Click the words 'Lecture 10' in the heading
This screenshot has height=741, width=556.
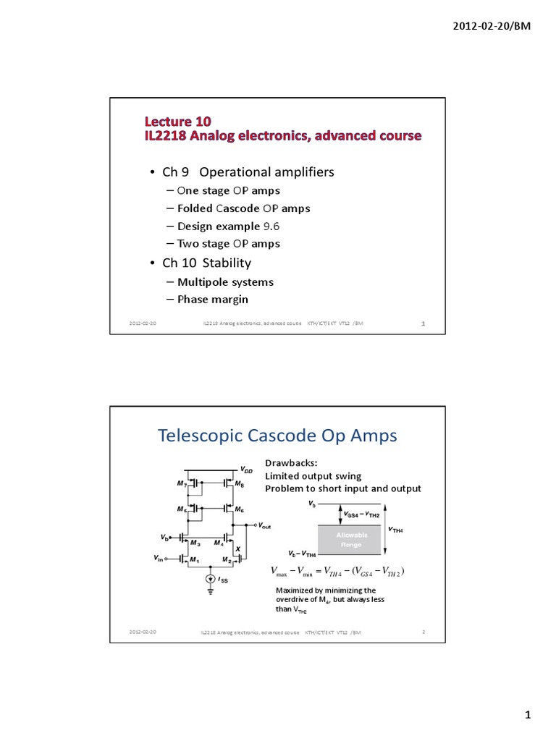tap(177, 120)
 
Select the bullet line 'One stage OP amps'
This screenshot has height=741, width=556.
tap(228, 190)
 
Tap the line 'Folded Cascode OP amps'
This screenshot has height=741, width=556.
tap(243, 208)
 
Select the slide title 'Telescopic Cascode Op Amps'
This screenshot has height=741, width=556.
tap(277, 436)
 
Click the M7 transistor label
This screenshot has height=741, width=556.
tap(182, 483)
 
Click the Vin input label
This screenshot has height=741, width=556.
tap(159, 558)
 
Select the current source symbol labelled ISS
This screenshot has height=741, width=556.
tap(210, 578)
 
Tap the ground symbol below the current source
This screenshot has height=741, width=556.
tap(210, 592)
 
